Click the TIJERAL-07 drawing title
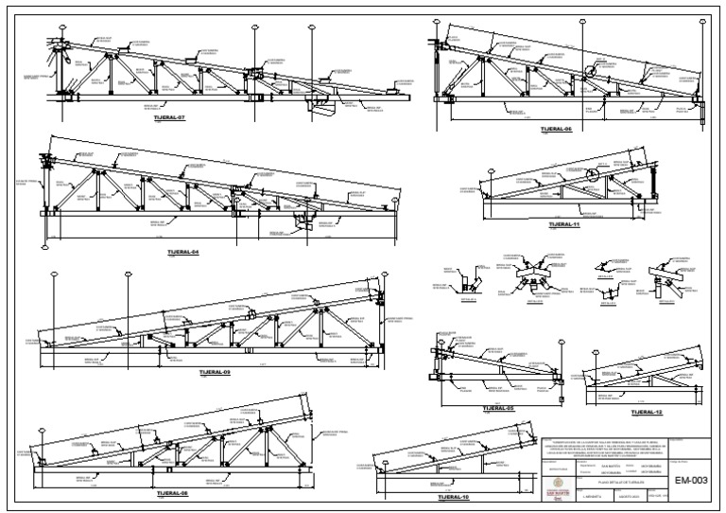[169, 120]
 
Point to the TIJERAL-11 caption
[563, 224]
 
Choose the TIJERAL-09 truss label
[215, 372]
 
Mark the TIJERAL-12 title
[647, 413]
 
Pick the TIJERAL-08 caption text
[174, 493]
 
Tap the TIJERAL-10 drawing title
[453, 498]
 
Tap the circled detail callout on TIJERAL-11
[592, 174]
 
